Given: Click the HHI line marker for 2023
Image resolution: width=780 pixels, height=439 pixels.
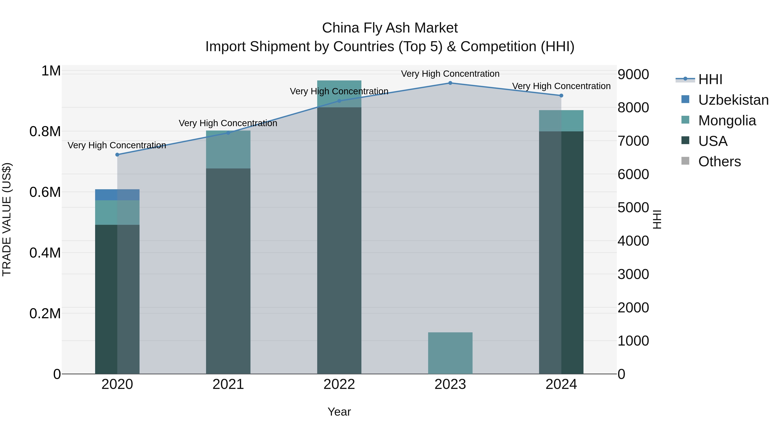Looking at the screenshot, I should pyautogui.click(x=450, y=83).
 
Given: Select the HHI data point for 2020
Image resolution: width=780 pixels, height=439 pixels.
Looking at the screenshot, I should pyautogui.click(x=117, y=155).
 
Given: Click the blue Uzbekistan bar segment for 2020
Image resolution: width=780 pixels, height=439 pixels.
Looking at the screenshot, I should pyautogui.click(x=117, y=195).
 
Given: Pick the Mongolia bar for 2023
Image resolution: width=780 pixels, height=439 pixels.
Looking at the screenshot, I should pyautogui.click(x=450, y=353).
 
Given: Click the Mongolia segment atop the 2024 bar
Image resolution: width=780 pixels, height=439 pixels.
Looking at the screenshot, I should pyautogui.click(x=561, y=121).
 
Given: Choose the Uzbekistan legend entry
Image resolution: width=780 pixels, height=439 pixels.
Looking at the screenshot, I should pyautogui.click(x=733, y=100).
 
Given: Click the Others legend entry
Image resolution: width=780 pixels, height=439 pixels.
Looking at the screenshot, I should pyautogui.click(x=719, y=162).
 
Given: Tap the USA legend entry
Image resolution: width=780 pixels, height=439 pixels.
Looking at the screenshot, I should pyautogui.click(x=712, y=141).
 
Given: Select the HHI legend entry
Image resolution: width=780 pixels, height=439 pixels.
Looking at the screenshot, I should pyautogui.click(x=710, y=79).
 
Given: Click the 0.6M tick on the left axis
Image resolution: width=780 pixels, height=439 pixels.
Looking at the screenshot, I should pyautogui.click(x=45, y=192).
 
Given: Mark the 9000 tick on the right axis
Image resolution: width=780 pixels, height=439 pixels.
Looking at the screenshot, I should pyautogui.click(x=633, y=75).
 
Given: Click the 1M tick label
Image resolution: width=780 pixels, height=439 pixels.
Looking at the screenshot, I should pyautogui.click(x=51, y=71).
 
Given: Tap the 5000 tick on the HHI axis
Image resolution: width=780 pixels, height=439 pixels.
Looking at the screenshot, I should pyautogui.click(x=633, y=208).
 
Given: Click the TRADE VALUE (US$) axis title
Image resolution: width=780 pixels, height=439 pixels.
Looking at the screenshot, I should pyautogui.click(x=7, y=219).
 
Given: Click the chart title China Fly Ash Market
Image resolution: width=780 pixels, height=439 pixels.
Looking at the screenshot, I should pyautogui.click(x=390, y=28).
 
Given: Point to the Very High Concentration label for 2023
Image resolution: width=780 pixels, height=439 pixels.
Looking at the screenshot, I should pyautogui.click(x=450, y=74).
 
